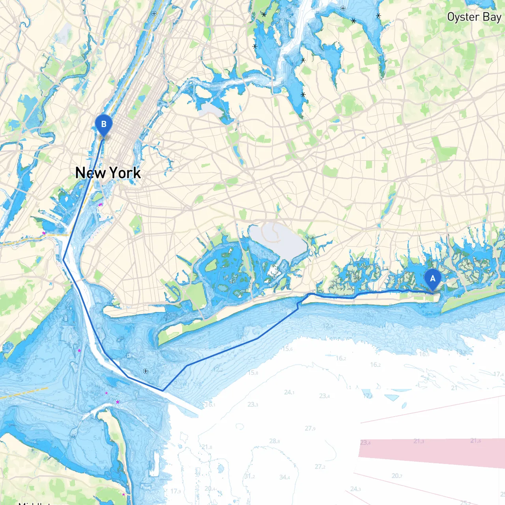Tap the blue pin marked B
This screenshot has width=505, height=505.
coord(104,125)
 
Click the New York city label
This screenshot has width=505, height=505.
coord(108,173)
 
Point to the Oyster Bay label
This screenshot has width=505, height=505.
coord(474,17)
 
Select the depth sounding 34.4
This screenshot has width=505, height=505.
coord(284,477)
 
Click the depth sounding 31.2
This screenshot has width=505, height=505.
coord(249,476)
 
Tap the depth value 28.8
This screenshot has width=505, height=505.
coord(275,441)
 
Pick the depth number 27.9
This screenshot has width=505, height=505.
coord(310,428)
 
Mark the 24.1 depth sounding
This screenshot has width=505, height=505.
coord(289,392)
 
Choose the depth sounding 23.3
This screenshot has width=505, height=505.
coord(253,404)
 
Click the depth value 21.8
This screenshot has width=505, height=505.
coord(207,447)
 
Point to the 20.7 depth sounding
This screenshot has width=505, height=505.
coord(397,476)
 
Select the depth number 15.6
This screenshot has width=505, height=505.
coord(287,349)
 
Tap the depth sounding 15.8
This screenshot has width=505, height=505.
coord(253,372)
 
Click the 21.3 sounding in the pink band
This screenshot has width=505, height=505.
coord(419,441)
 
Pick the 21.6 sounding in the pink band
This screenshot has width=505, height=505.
coord(475,441)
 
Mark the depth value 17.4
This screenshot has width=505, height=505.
coord(498,374)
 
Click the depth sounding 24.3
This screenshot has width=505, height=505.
coord(355,489)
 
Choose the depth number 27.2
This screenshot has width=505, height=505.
coord(320,467)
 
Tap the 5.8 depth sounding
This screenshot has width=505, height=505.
coord(97,438)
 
